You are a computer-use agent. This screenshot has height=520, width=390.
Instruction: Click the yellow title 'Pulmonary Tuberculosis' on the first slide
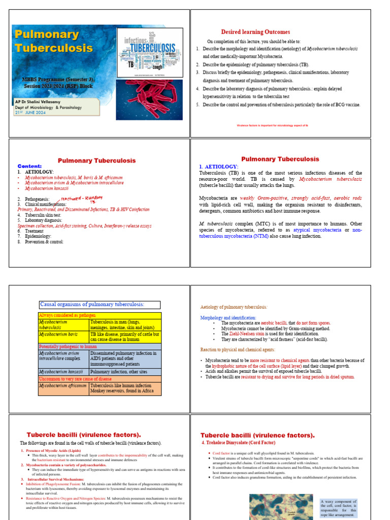(x=54, y=42)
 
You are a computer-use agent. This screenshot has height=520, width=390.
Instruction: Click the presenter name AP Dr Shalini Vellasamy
(x=45, y=102)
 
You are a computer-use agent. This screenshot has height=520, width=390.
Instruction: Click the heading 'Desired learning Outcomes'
(x=255, y=32)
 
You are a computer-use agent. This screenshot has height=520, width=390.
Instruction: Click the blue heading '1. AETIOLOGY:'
(x=218, y=167)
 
